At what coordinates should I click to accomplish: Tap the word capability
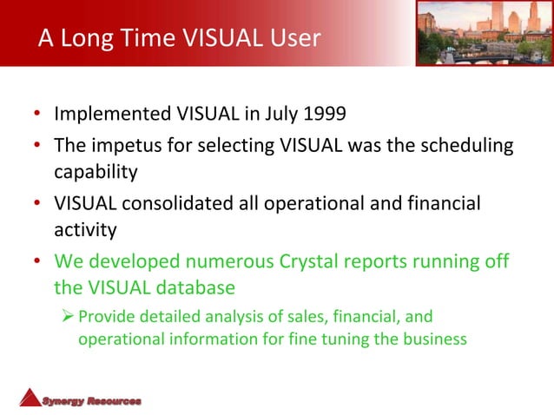pos(96,171)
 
